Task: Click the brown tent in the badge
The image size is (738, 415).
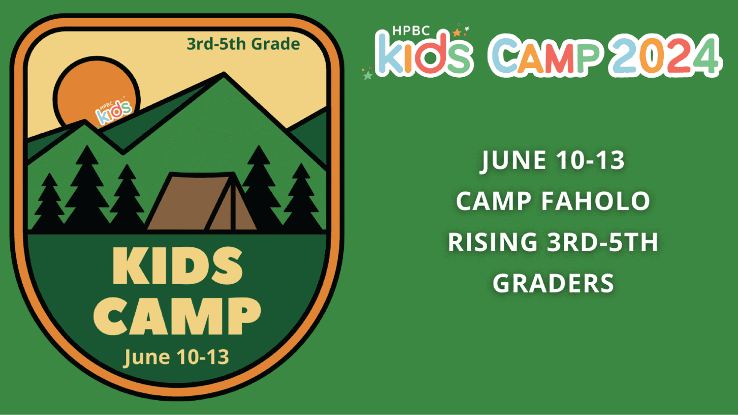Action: (x=201, y=202)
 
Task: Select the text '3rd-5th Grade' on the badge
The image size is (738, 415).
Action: (x=243, y=44)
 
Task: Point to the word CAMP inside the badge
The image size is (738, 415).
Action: (x=177, y=316)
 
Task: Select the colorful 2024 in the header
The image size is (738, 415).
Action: (x=665, y=56)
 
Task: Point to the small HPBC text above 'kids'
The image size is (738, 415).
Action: (x=411, y=30)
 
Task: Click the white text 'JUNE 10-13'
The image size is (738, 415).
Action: (x=553, y=160)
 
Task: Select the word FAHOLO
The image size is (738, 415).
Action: (x=596, y=201)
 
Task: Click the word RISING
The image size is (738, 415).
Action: (x=492, y=242)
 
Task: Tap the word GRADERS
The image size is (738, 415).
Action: (x=553, y=283)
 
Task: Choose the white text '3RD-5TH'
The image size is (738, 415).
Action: (x=602, y=242)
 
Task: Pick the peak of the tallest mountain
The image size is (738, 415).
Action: (x=224, y=73)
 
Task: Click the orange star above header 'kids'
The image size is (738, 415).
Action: (x=457, y=32)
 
